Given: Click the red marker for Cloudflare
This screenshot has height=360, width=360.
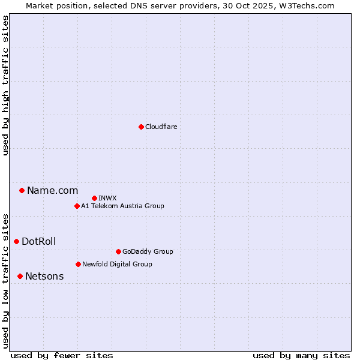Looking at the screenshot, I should [141, 127].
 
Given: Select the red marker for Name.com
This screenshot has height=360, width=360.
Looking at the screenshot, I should [22, 190].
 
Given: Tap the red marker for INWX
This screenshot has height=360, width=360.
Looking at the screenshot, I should [94, 198].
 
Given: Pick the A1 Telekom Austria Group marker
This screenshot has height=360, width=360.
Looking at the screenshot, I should [77, 206].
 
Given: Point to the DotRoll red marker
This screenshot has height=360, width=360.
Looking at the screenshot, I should [16, 241].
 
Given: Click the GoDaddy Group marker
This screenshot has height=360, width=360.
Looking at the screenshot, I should [118, 251].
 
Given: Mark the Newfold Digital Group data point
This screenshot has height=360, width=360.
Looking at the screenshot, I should [78, 264].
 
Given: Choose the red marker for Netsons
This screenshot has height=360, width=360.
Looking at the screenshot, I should [20, 276].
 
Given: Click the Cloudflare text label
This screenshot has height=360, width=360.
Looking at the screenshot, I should [161, 127].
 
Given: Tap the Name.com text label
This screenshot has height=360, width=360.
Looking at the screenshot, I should [52, 190].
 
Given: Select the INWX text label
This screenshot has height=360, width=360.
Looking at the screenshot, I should [107, 198].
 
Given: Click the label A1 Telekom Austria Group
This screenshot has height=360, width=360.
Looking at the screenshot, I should [122, 206].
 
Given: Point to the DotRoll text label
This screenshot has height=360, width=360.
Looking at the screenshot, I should [38, 241].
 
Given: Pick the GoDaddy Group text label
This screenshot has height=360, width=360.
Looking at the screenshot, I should [147, 251].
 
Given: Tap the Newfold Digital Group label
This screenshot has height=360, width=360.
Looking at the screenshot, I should [117, 264].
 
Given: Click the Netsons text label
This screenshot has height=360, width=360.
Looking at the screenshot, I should [44, 276].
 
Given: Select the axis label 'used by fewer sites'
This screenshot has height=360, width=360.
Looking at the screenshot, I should [62, 355].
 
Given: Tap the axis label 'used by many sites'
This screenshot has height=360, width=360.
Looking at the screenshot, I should [301, 355].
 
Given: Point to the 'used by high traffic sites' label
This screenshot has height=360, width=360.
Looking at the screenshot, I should [5, 85].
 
